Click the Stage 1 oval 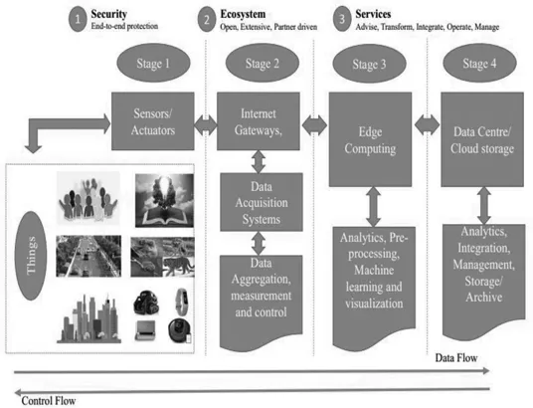tap(146, 67)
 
